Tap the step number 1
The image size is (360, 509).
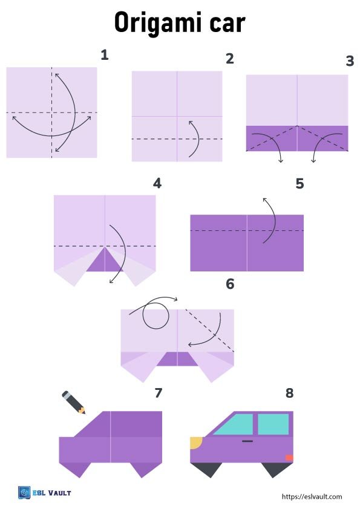coord(104,55)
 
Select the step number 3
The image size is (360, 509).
coord(350,60)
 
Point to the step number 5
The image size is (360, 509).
coord(299,184)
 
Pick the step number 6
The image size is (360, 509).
coord(230,284)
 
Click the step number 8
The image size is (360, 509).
coord(289,393)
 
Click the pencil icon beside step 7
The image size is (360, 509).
coord(74,402)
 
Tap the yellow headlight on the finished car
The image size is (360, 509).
coord(196,443)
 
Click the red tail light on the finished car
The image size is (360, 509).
coord(289,458)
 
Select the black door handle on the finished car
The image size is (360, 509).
coord(247,441)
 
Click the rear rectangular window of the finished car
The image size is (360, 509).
coord(273,424)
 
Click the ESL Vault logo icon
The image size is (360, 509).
coord(24,493)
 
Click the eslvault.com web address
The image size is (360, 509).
coord(312,497)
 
